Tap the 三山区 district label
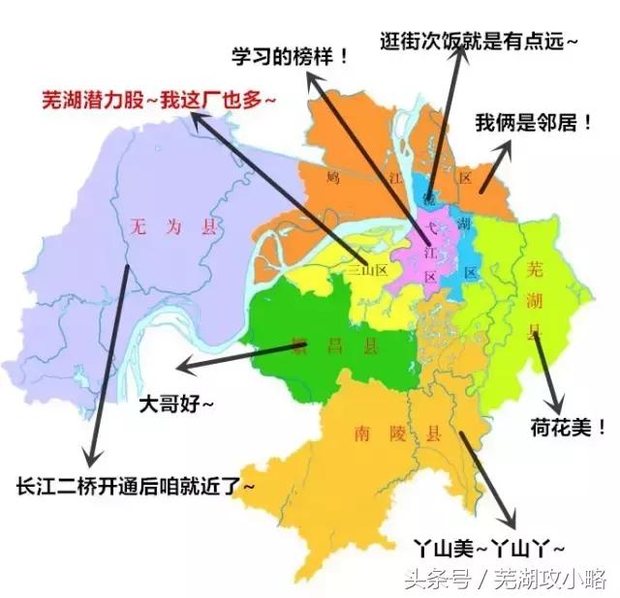click(x=367, y=272)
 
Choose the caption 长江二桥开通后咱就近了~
click(x=135, y=485)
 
